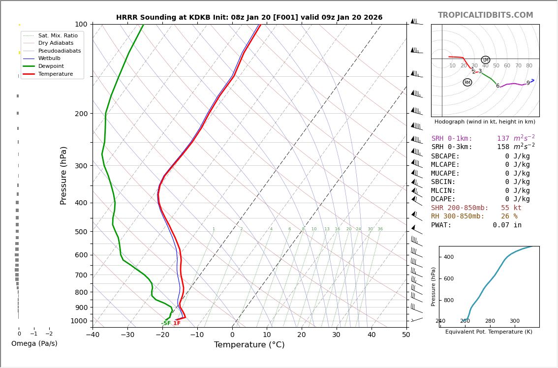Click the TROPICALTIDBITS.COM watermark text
[x=485, y=15]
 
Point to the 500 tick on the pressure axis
[x=81, y=232]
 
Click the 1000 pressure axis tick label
[x=79, y=321]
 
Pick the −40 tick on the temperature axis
[x=93, y=335]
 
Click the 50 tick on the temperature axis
[x=406, y=335]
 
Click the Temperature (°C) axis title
[x=249, y=345]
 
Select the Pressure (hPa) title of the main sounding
[x=63, y=175]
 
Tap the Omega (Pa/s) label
[x=34, y=343]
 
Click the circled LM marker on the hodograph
[x=486, y=60]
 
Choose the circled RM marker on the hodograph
[x=467, y=83]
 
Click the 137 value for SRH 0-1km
[x=503, y=139]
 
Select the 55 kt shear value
[x=511, y=208]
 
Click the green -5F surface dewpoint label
[x=166, y=323]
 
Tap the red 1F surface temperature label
[x=177, y=323]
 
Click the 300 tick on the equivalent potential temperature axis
[x=515, y=321]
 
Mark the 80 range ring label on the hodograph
[x=529, y=66]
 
